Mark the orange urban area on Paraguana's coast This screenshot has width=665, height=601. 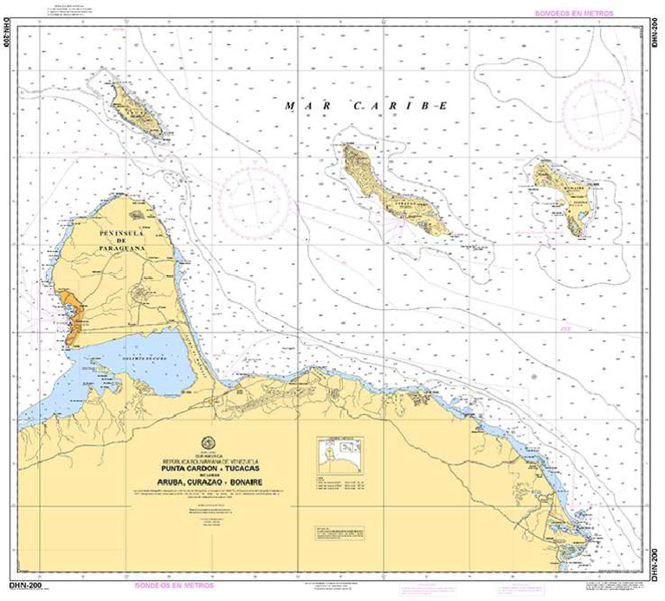pos(73,313)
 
